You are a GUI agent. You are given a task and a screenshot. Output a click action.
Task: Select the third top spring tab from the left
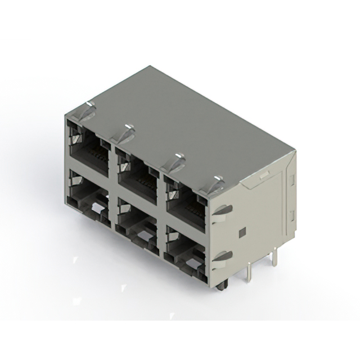(x=174, y=162)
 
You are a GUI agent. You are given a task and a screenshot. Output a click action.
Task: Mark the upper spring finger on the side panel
(x=223, y=210)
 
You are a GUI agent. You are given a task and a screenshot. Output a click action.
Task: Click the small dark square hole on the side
(x=242, y=232)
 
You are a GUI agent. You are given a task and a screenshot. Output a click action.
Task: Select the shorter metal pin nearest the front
(x=249, y=274)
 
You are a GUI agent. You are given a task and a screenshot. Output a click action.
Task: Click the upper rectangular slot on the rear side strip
(x=291, y=181)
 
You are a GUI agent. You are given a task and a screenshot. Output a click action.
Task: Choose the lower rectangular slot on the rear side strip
(x=291, y=215)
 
